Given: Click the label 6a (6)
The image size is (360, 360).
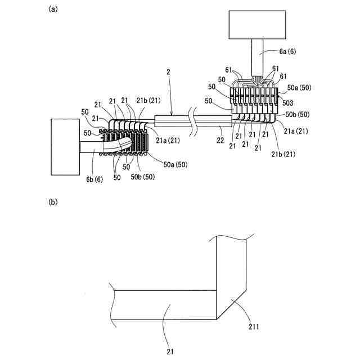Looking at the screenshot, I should click(x=291, y=51).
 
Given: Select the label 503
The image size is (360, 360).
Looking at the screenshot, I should click(x=287, y=103).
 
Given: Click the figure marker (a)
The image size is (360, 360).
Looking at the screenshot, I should click(x=53, y=8).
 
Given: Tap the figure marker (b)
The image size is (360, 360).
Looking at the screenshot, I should click(x=53, y=201).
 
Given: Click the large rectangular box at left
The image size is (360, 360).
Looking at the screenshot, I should click(x=65, y=146).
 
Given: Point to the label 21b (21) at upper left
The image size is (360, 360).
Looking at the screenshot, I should click(x=147, y=100).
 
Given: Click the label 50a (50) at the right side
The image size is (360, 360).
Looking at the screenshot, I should click(x=299, y=88).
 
